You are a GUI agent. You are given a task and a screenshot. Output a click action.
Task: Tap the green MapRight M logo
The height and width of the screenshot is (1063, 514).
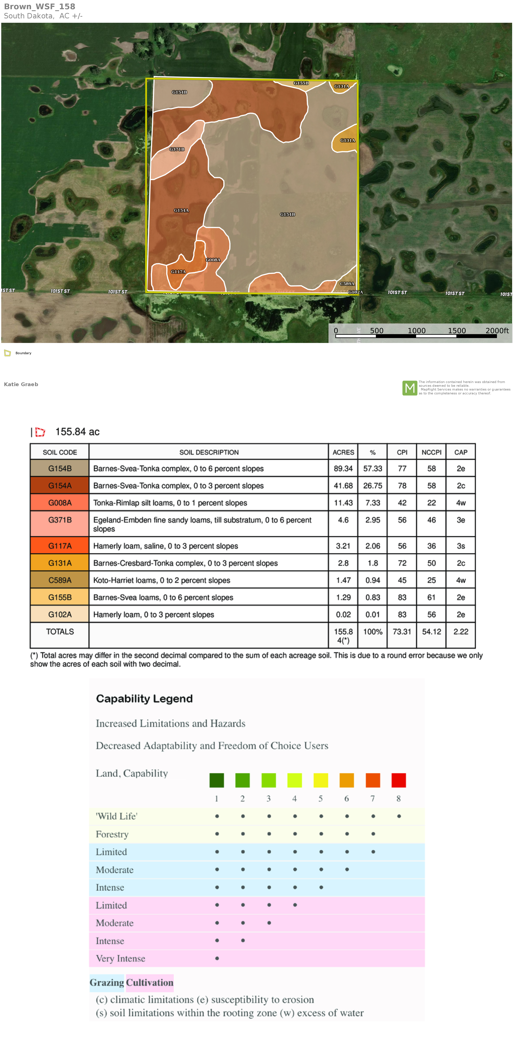coord(410,388)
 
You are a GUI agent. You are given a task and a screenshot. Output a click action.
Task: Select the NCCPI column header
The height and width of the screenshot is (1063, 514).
coord(431,452)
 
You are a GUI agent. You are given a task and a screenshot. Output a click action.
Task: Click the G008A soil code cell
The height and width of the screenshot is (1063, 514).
coord(60,503)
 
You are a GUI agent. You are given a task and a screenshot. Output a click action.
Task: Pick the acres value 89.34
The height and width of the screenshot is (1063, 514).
coord(343,468)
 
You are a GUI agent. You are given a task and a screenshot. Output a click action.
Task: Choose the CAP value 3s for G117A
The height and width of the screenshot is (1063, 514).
coord(461,546)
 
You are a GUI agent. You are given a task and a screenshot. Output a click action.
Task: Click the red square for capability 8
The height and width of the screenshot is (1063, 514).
coord(399,780)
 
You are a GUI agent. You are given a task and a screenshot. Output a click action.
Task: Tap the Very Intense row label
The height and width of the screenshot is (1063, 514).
coord(120,959)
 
